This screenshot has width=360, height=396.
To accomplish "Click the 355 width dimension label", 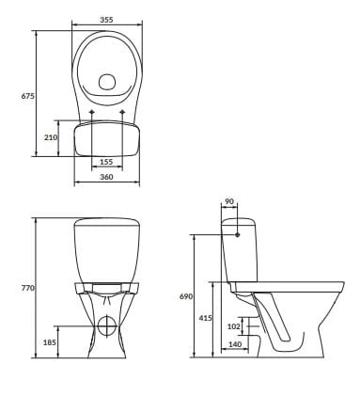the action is click(106, 20).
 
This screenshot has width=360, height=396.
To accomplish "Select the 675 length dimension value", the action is click(27, 96).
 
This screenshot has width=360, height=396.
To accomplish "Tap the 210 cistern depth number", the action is click(50, 137).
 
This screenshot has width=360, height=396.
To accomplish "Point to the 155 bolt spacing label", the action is click(106, 162).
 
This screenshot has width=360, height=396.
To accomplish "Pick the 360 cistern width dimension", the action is click(106, 177).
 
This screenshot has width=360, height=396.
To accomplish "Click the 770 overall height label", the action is click(27, 288).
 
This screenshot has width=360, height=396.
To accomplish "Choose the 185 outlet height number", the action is click(50, 342).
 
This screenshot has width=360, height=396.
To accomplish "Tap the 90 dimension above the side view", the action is click(229, 201).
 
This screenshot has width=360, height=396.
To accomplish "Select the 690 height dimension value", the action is click(186, 296).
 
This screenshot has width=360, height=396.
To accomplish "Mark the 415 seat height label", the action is click(206, 318).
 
